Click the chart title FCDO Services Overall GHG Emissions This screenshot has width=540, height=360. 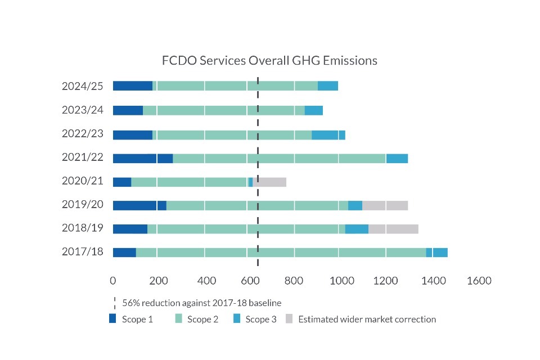[x=269, y=61]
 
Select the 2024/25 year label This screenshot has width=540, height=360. [x=83, y=86]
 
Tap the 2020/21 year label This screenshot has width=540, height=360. [x=83, y=182]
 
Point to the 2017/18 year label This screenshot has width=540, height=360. [x=83, y=251]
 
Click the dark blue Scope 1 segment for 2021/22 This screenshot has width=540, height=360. [x=142, y=158]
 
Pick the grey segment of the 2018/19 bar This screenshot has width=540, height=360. [x=393, y=228]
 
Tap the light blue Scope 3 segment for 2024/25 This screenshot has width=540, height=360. [x=328, y=85]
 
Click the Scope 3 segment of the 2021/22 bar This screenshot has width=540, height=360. [x=397, y=158]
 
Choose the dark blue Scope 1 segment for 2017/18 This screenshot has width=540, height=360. [x=124, y=252]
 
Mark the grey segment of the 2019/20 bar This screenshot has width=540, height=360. [x=385, y=205]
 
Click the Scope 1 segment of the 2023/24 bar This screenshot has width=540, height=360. [x=128, y=110]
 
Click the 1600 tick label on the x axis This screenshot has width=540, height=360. [x=478, y=281]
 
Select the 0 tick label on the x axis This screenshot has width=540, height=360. [x=113, y=281]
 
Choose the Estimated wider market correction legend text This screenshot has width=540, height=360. [x=367, y=319]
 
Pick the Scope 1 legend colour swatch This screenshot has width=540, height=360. [x=112, y=319]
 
